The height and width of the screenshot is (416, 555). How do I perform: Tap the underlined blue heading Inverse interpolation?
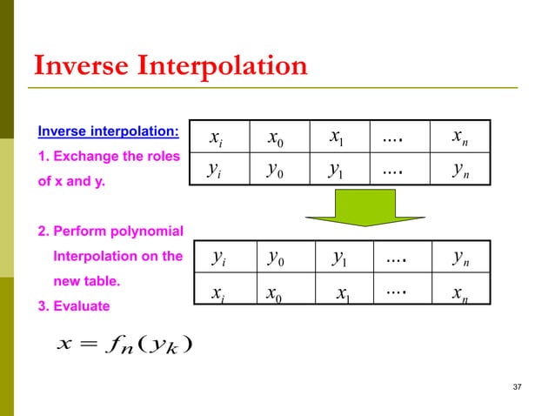pyautogui.click(x=109, y=132)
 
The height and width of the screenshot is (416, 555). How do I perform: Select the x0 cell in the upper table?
pyautogui.click(x=281, y=137)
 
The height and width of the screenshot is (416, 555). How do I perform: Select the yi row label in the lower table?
pyautogui.click(x=221, y=257)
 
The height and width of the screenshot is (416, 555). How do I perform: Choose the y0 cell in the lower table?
pyautogui.click(x=279, y=257)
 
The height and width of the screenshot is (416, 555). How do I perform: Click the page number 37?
pyautogui.click(x=518, y=386)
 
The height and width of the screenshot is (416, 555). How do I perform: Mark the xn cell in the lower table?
pyautogui.click(x=463, y=292)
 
